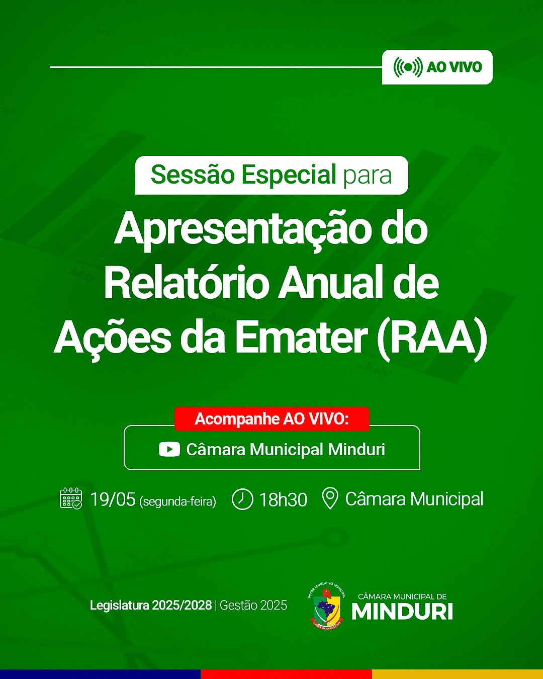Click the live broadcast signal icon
pyautogui.click(x=408, y=67)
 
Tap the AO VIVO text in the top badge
pyautogui.click(x=455, y=67)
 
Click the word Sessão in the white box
pyautogui.click(x=193, y=175)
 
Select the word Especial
pyautogui.click(x=289, y=176)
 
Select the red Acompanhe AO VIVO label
pyautogui.click(x=271, y=419)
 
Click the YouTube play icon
pyautogui.click(x=169, y=449)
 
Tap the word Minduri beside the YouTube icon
pyautogui.click(x=356, y=449)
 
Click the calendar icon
pyautogui.click(x=71, y=498)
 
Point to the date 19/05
pyautogui.click(x=113, y=499)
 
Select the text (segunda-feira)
pyautogui.click(x=177, y=501)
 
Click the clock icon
pyautogui.click(x=242, y=499)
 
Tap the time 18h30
pyautogui.click(x=283, y=500)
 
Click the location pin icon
pyautogui.click(x=330, y=498)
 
